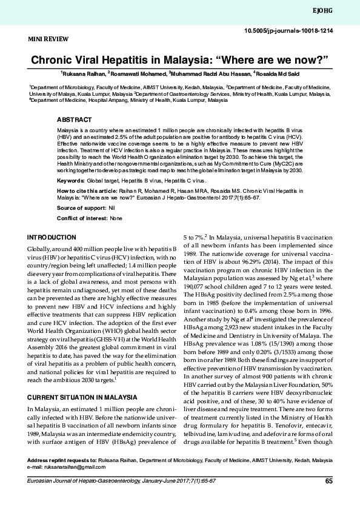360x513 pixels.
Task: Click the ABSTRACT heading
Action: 75,120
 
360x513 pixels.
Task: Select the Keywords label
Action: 70,181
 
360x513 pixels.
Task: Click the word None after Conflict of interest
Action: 116,218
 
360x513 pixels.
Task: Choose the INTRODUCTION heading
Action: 52,237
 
